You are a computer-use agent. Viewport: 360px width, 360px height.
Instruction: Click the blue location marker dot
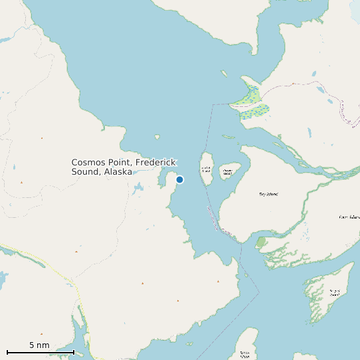tap(179, 179)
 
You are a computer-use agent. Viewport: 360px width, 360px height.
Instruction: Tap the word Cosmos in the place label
tap(88, 163)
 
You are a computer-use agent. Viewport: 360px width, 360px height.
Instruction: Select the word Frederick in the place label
tap(155, 163)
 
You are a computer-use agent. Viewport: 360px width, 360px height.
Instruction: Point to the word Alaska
tap(117, 172)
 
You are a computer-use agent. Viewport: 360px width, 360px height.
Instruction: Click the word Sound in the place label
tap(86, 172)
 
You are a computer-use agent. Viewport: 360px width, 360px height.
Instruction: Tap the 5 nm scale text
tap(39, 345)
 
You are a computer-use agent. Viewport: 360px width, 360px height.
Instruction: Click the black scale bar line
tap(40, 352)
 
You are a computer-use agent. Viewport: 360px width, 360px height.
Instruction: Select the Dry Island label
tap(268, 194)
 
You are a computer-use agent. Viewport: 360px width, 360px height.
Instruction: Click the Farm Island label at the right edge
tap(349, 217)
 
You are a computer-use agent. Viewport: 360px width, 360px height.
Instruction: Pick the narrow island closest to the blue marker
tap(206, 169)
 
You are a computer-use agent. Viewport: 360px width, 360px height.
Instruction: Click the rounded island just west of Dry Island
tap(228, 173)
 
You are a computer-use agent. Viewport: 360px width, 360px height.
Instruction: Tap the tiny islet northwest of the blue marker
tap(157, 137)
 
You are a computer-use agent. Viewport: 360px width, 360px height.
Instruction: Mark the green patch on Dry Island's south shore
tap(261, 242)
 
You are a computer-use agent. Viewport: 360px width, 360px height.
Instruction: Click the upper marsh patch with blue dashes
tap(251, 94)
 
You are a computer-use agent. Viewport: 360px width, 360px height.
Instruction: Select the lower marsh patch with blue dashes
tap(255, 111)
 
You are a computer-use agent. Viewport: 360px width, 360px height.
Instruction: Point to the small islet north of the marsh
tap(225, 74)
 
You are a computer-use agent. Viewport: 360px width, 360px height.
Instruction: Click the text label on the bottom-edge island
tap(245, 353)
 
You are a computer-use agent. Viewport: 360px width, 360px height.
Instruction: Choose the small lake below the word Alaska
tap(137, 189)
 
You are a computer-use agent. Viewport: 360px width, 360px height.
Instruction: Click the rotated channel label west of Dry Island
tap(220, 221)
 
